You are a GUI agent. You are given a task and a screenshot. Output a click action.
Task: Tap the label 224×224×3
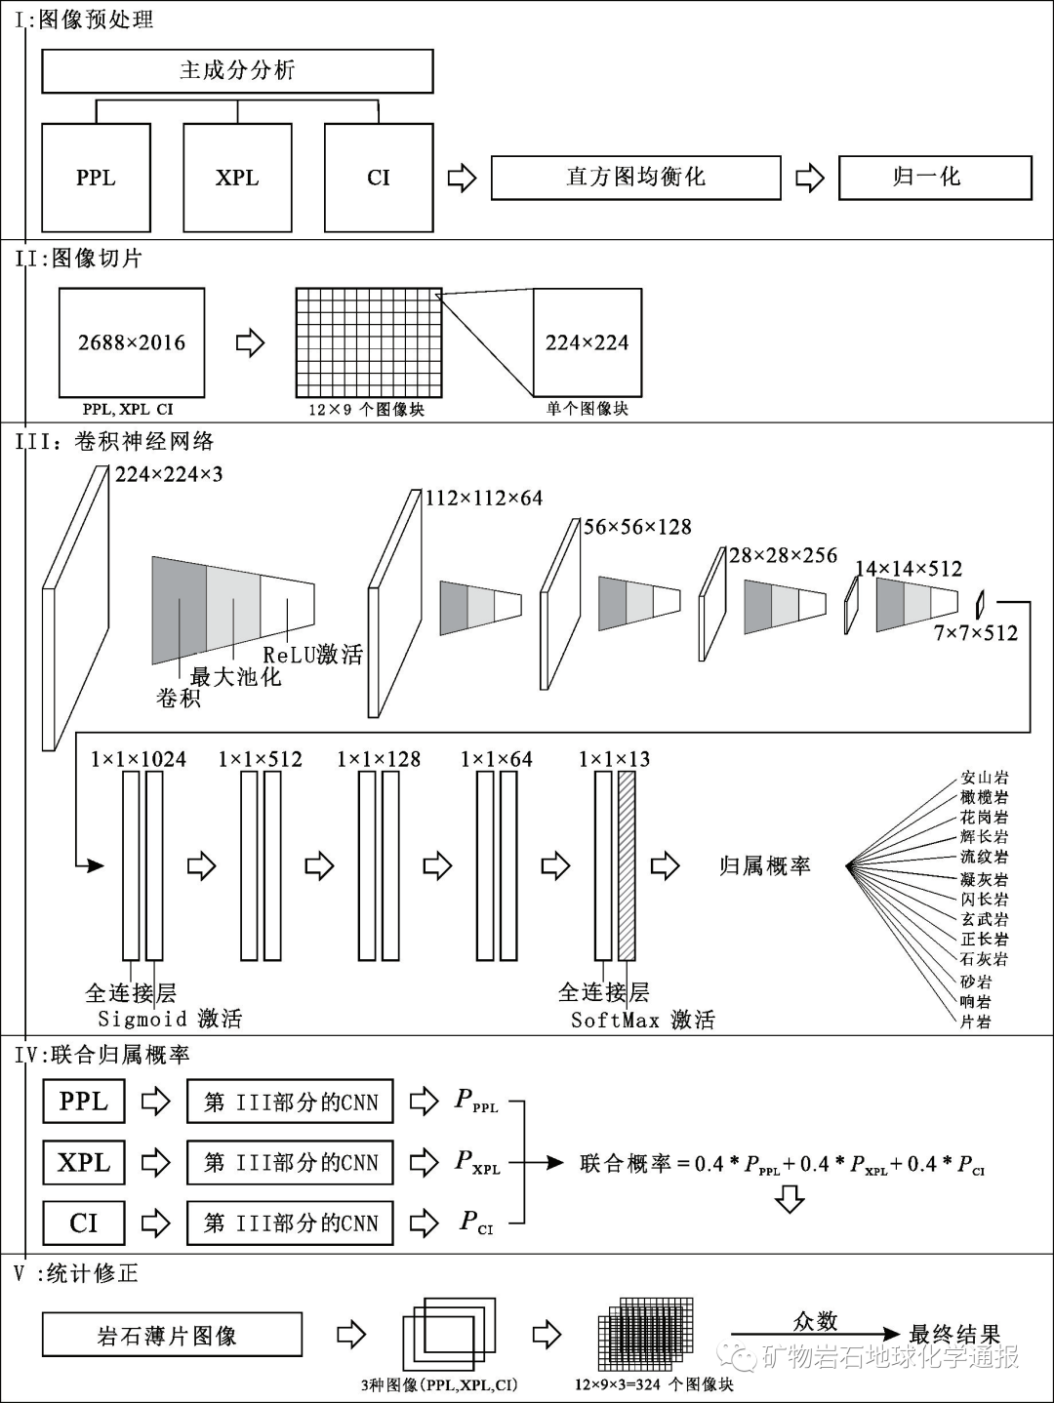pyautogui.click(x=169, y=474)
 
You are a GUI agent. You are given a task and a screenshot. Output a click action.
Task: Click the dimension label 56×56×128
pyautogui.click(x=637, y=527)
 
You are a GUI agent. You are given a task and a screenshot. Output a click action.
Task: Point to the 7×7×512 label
pyautogui.click(x=975, y=633)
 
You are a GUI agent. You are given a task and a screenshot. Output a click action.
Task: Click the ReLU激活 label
pyautogui.click(x=312, y=655)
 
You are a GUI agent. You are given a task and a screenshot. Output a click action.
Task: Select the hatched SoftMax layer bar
pyautogui.click(x=627, y=866)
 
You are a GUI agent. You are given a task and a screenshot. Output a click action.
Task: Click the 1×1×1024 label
pyautogui.click(x=138, y=759)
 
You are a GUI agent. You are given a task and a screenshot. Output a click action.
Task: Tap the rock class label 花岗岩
pyautogui.click(x=984, y=818)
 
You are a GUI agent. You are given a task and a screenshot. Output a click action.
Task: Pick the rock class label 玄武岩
pyautogui.click(x=984, y=919)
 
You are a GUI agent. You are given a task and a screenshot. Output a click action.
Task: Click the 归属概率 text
pyautogui.click(x=764, y=866)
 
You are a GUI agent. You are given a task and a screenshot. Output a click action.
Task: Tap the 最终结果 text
pyautogui.click(x=954, y=1335)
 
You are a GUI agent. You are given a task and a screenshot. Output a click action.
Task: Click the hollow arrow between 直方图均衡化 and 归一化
pyautogui.click(x=810, y=178)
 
